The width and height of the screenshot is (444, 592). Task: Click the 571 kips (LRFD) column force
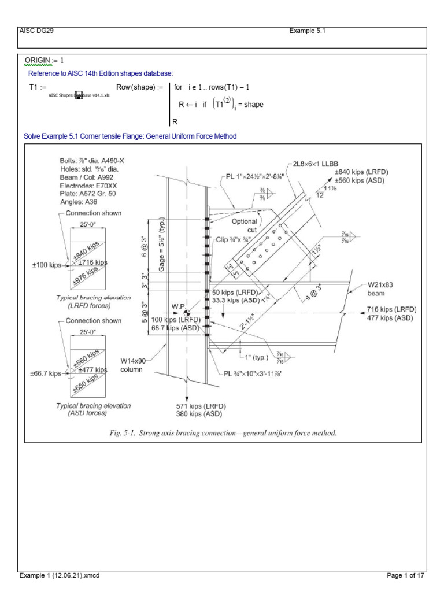tap(195, 406)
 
